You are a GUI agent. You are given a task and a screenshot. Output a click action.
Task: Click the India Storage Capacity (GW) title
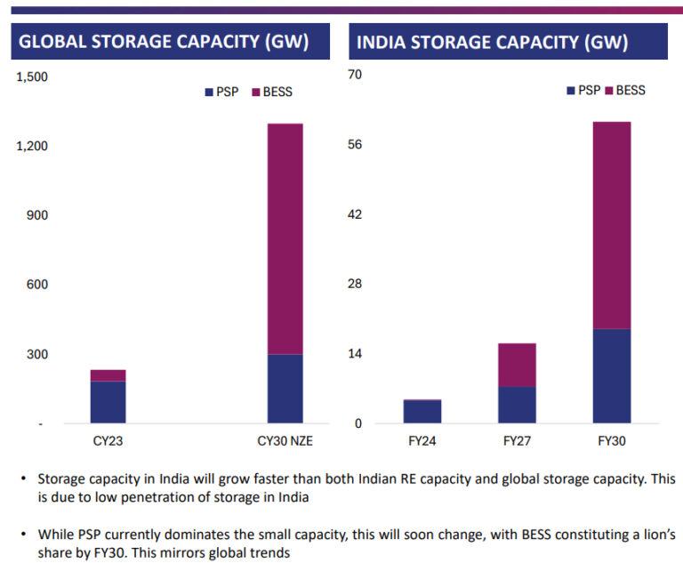pos(493,42)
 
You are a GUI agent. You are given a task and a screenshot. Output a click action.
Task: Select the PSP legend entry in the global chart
pos(222,92)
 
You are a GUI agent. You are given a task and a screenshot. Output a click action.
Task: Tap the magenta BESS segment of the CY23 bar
pos(108,375)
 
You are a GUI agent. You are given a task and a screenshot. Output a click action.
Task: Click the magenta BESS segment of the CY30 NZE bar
pos(285,238)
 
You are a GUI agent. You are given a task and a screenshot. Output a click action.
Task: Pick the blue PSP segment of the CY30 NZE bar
pos(285,389)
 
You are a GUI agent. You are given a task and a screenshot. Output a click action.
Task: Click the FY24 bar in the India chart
pos(422,412)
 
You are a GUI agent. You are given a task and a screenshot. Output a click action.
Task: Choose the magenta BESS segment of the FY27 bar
pos(517,365)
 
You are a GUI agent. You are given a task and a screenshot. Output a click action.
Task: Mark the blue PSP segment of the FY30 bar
pos(612,376)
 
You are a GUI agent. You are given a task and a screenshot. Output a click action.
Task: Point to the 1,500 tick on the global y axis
pos(32,77)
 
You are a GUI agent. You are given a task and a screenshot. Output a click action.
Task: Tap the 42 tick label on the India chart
pos(355,214)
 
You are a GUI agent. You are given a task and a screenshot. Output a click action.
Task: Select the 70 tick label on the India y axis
pos(355,76)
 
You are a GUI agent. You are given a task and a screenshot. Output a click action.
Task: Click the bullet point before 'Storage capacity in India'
pos(23,479)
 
